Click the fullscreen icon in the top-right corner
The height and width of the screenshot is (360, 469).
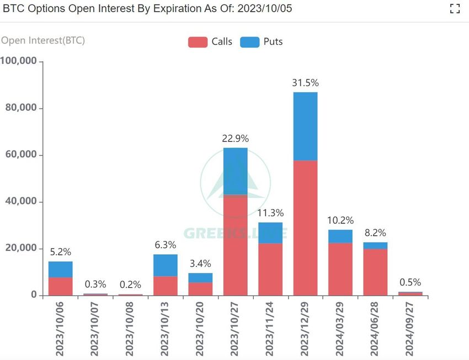click(455, 8)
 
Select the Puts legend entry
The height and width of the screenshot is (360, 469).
click(262, 42)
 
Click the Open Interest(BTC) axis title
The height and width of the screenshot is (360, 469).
click(43, 40)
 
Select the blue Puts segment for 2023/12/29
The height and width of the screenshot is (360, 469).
click(305, 126)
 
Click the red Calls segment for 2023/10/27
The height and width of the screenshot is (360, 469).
click(235, 245)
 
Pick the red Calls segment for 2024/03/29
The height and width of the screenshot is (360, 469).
click(340, 269)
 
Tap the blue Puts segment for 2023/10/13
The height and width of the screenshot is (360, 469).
click(166, 265)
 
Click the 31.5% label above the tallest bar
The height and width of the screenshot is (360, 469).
click(305, 83)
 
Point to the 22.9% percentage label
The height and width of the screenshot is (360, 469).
click(235, 138)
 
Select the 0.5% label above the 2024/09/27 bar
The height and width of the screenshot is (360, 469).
click(411, 282)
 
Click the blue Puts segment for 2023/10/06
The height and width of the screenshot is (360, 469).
click(60, 270)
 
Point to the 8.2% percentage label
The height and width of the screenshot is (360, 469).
click(375, 233)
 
